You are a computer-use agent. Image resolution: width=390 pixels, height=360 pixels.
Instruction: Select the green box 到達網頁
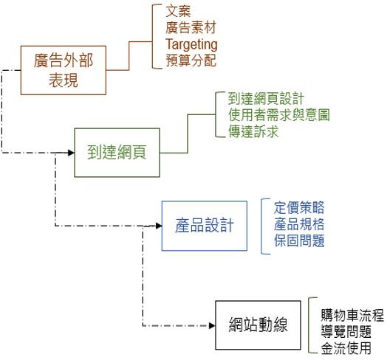(117, 153)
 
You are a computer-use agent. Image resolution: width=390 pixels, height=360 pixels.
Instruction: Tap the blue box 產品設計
(205, 225)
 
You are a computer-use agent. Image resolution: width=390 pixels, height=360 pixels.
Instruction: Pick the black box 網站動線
(258, 324)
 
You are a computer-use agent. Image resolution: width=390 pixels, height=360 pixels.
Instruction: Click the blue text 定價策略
(298, 207)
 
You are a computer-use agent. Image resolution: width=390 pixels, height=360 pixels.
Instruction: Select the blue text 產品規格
(298, 224)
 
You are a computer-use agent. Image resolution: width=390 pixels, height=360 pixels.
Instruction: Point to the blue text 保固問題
(298, 240)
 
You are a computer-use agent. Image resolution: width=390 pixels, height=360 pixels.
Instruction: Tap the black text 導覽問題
(346, 331)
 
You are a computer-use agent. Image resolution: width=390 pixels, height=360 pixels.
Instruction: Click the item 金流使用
(346, 347)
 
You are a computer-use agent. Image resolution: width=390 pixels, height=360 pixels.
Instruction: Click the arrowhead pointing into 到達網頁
(71, 153)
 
